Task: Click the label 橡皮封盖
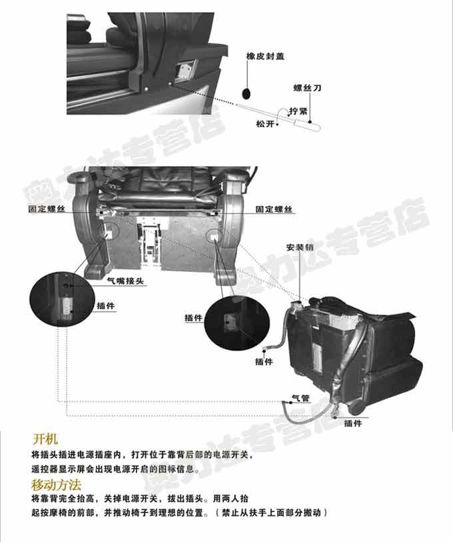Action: click(265, 56)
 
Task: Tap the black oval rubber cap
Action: click(246, 93)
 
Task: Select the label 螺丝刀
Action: click(307, 87)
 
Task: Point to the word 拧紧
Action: click(298, 111)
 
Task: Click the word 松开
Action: click(265, 123)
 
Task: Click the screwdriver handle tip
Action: click(319, 128)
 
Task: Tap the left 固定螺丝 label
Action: click(47, 209)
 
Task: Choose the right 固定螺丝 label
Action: click(274, 209)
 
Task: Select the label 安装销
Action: click(300, 247)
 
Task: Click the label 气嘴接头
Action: click(125, 281)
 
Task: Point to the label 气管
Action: click(300, 398)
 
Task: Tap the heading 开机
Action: click(45, 439)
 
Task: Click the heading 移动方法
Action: click(57, 485)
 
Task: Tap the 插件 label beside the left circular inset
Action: click(105, 305)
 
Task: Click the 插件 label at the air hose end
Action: click(264, 361)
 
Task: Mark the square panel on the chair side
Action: click(186, 71)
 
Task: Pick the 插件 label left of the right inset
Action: click(193, 317)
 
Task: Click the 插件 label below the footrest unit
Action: click(353, 423)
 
